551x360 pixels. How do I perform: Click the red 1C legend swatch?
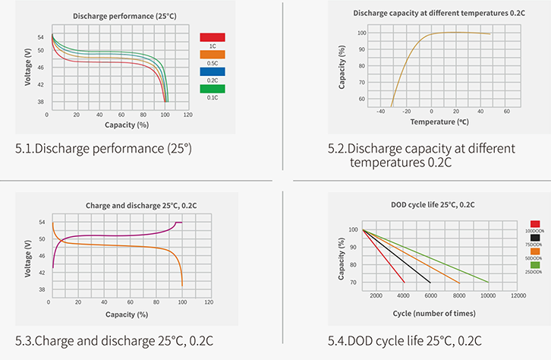pos(212,36)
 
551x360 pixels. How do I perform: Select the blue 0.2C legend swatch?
pos(212,72)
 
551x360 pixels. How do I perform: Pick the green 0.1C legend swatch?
pos(212,89)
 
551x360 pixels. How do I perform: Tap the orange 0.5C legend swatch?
pos(212,54)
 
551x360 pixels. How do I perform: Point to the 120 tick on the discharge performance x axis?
pos(187,115)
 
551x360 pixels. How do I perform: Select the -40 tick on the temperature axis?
pos(379,110)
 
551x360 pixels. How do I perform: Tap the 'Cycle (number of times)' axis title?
pos(435,313)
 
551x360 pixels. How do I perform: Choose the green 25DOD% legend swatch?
pos(535,264)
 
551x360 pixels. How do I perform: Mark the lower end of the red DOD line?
pos(405,283)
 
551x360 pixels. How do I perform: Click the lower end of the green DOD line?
pos(489,283)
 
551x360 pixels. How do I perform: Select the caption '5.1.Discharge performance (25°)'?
pos(103,147)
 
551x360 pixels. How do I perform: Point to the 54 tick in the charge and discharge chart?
pos(41,222)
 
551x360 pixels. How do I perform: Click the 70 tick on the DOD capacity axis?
pos(354,283)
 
